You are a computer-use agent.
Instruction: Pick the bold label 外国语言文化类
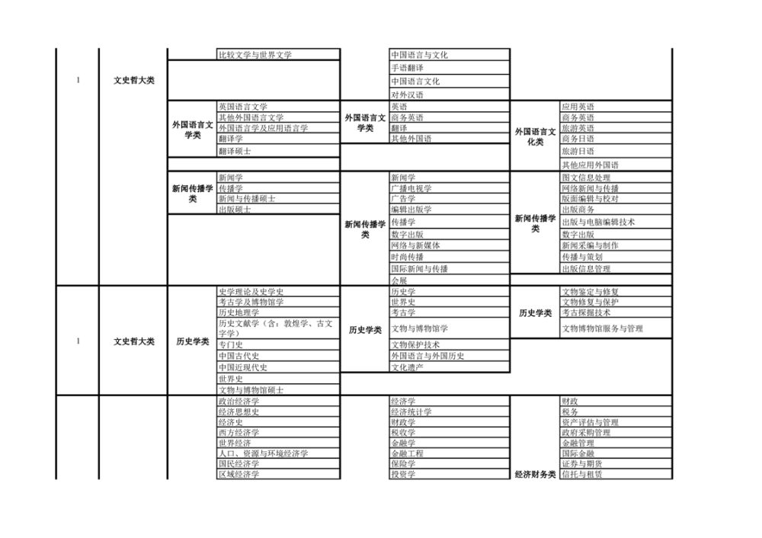coord(535,136)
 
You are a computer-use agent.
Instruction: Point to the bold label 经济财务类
coord(535,474)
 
